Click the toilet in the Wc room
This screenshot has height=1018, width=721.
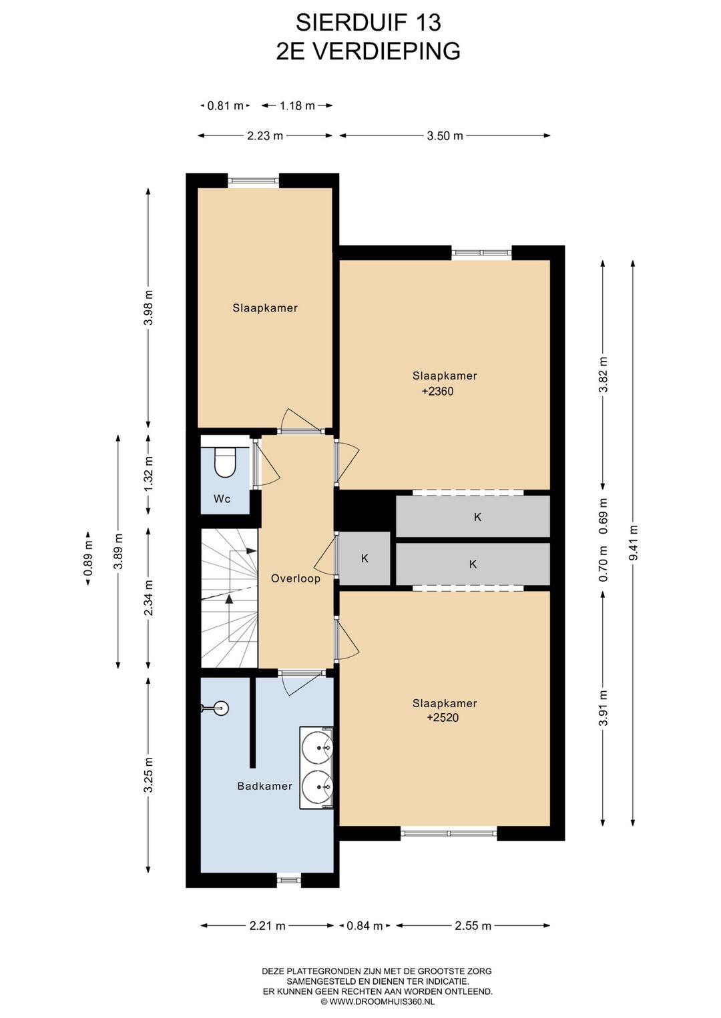(x=224, y=462)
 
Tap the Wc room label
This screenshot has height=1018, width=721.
(x=222, y=499)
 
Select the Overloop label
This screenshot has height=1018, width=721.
(x=296, y=578)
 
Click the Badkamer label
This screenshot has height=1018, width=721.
(x=265, y=787)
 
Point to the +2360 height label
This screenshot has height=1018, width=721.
(x=437, y=392)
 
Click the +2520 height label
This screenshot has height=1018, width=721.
(x=443, y=718)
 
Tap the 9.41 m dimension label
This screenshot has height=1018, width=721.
(x=633, y=542)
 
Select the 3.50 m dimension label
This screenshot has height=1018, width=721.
(x=445, y=135)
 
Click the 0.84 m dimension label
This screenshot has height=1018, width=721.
(x=365, y=925)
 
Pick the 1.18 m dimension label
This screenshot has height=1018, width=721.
(x=297, y=106)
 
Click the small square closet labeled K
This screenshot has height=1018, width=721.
(x=365, y=558)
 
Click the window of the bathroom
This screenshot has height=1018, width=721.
(x=289, y=881)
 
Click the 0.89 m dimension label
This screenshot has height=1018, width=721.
(x=88, y=560)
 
